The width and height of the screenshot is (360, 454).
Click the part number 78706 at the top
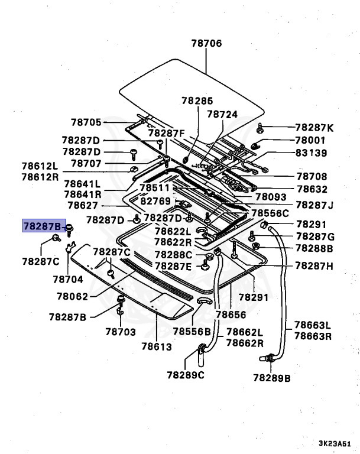point(206,43)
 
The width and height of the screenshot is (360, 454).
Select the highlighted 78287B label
point(41,226)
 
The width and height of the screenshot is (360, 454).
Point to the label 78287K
point(314,127)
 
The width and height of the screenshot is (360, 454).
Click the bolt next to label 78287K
point(261,127)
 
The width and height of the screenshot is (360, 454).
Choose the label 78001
point(310,140)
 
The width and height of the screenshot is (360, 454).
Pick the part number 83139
point(310,153)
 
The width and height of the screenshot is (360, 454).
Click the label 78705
point(86,122)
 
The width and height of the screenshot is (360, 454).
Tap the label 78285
point(197,101)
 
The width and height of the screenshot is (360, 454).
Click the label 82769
point(155,201)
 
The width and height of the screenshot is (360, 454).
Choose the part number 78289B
point(272,377)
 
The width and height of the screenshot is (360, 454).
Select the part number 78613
point(157,346)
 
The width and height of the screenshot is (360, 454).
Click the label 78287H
point(314,266)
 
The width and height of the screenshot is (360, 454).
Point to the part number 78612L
point(40,167)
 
